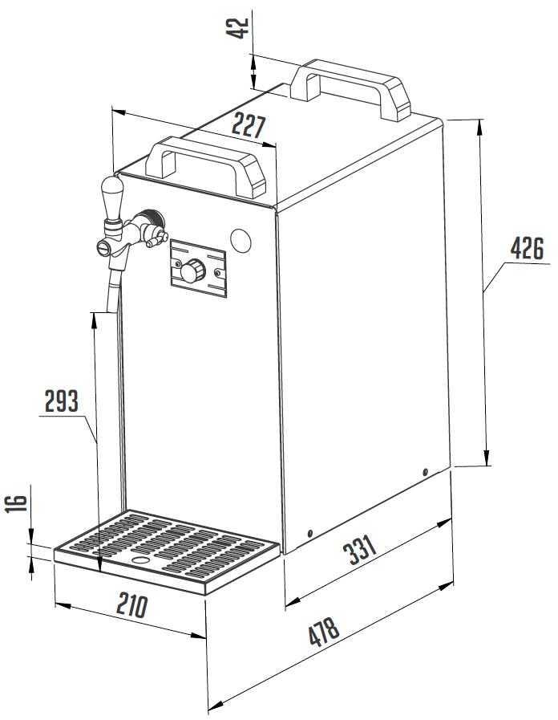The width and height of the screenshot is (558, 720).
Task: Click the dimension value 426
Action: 527,248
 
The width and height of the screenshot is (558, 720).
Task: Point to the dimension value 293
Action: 62,401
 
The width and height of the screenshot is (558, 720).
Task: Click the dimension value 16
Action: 18,503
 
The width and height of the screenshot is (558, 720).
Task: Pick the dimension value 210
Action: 132,604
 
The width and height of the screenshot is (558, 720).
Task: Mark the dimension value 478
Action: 324,632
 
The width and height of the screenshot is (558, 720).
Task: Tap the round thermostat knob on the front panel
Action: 192,270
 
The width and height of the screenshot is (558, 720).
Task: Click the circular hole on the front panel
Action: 241,240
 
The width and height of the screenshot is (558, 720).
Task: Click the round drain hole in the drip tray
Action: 140,560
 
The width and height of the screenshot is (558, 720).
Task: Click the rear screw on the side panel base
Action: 425,472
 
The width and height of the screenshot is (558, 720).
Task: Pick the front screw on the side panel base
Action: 310,533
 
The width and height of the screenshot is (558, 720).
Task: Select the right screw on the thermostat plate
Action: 217,273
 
